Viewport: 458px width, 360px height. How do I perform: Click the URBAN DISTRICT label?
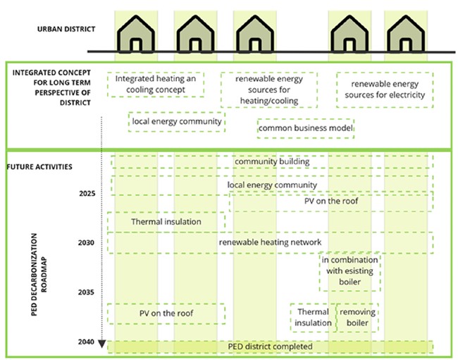pyautogui.click(x=66, y=29)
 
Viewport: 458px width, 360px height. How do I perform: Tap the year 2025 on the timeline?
pyautogui.click(x=87, y=194)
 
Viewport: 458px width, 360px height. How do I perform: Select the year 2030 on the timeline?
pyautogui.click(x=86, y=242)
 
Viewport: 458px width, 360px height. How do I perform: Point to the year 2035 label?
pyautogui.click(x=86, y=292)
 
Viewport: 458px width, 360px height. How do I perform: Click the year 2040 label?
pyautogui.click(x=86, y=342)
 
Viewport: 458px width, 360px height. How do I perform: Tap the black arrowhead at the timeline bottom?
pyautogui.click(x=101, y=344)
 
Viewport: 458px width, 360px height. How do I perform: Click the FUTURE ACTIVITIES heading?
pyautogui.click(x=39, y=167)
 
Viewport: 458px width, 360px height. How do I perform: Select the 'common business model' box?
pyautogui.click(x=306, y=128)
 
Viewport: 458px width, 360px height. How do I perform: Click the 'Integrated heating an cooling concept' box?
pyautogui.click(x=156, y=85)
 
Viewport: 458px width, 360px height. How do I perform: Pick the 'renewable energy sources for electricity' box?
pyautogui.click(x=385, y=89)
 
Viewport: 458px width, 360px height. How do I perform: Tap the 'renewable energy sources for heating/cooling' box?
pyautogui.click(x=269, y=90)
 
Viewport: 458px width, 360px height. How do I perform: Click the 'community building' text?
pyautogui.click(x=272, y=161)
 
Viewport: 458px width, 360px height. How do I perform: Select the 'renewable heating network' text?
pyautogui.click(x=270, y=242)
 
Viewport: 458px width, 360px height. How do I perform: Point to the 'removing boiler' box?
pyautogui.click(x=357, y=317)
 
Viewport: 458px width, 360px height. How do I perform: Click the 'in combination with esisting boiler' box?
pyautogui.click(x=350, y=271)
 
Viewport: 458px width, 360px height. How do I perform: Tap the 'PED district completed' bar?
pyautogui.click(x=270, y=347)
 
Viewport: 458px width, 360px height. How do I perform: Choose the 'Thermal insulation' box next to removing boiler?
pyautogui.click(x=313, y=317)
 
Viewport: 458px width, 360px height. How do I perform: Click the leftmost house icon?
pyautogui.click(x=136, y=34)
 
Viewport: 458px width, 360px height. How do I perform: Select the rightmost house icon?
pyautogui.click(x=406, y=34)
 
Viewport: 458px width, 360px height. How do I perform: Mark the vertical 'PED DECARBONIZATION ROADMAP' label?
pyautogui.click(x=39, y=275)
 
